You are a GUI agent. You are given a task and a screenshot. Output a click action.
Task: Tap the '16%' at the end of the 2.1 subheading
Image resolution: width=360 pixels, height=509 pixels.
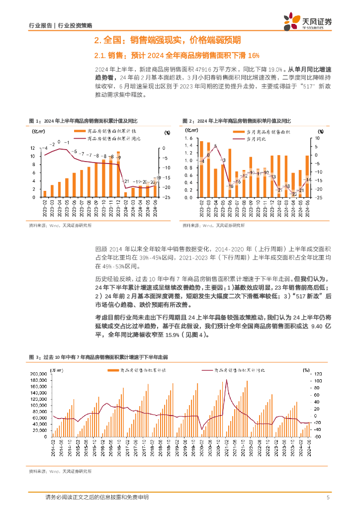pyautogui.click(x=254, y=55)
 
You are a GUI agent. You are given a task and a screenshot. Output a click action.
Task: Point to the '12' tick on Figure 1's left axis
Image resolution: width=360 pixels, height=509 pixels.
pyautogui.click(x=32, y=148)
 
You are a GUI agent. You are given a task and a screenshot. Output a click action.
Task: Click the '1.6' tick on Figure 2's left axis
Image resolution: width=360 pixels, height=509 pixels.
pyautogui.click(x=187, y=138)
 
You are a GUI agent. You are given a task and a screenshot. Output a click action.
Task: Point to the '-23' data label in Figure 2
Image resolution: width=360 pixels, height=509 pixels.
pyautogui.click(x=294, y=194)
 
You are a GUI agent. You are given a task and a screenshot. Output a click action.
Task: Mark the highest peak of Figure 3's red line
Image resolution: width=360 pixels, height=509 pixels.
pyautogui.click(x=227, y=380)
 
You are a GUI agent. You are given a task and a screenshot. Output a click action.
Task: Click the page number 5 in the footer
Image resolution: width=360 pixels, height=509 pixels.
pyautogui.click(x=328, y=498)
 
